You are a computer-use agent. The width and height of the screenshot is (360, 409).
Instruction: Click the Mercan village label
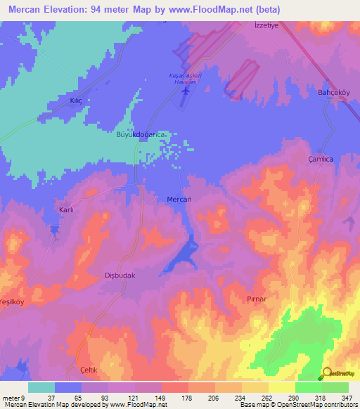coord(179,200)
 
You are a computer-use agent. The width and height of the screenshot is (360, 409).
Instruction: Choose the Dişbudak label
coord(119,275)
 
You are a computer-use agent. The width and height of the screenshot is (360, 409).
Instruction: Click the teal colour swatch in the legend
coord(41,387)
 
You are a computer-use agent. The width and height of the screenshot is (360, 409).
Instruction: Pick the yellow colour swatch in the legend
coord(282,387)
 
